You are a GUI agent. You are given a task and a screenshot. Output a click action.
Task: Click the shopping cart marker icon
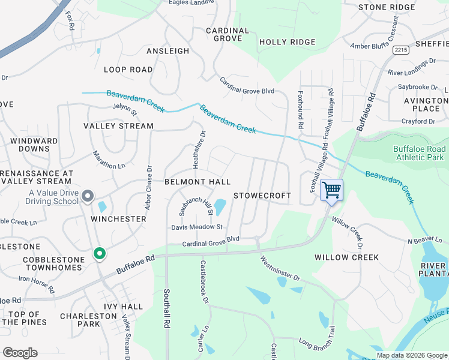[x=331, y=191]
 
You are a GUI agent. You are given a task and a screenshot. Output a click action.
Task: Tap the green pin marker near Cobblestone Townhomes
[x=99, y=254]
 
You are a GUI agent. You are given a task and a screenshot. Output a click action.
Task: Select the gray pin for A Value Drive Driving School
[x=88, y=196]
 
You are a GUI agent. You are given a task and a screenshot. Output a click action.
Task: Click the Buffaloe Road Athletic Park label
[x=420, y=153]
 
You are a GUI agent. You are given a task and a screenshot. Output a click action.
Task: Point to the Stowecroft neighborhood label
[x=262, y=196]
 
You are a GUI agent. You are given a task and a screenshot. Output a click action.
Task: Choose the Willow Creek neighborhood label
[x=346, y=257]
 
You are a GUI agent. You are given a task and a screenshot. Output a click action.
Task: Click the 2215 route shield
[x=402, y=51]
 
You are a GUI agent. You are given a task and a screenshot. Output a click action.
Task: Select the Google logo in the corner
[x=20, y=352]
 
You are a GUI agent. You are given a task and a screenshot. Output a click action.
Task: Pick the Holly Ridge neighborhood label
[x=287, y=42]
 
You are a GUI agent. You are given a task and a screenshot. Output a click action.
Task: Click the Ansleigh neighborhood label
[x=167, y=52]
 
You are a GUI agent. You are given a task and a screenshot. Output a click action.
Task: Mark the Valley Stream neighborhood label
[x=118, y=126]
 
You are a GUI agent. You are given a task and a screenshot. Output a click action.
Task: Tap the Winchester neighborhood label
[x=118, y=219]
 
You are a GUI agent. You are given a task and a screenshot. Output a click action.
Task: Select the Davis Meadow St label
[x=197, y=227]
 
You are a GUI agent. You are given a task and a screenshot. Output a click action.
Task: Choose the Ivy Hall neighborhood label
[x=123, y=307]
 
